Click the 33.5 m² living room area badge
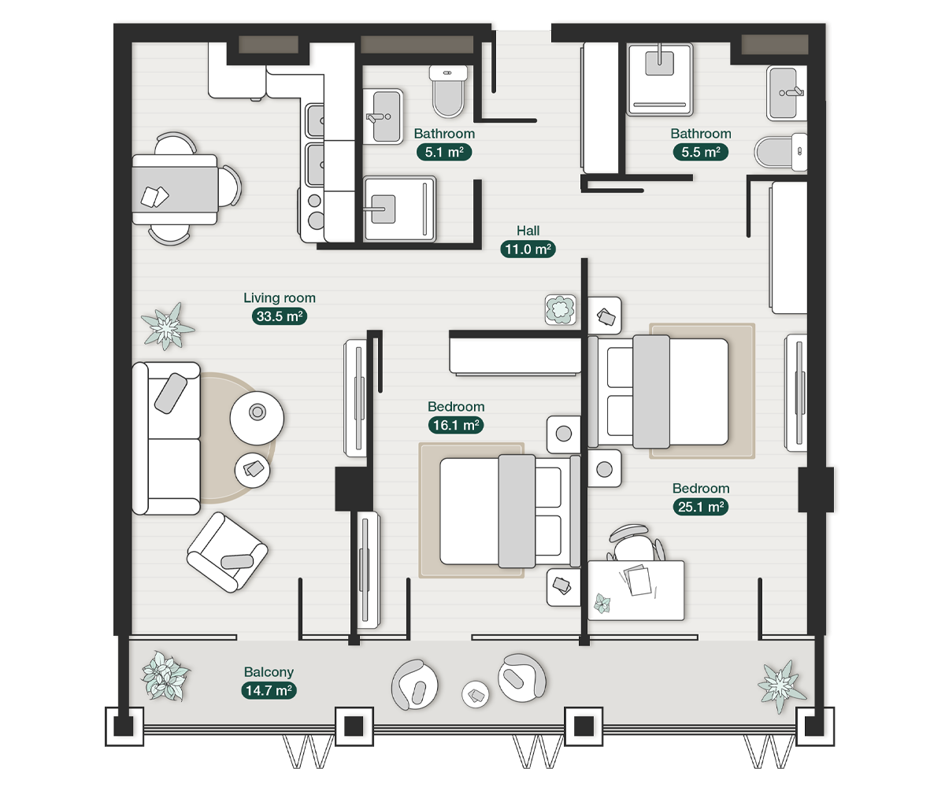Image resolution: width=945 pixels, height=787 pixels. click(279, 316)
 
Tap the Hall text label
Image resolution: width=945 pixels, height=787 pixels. click(528, 231)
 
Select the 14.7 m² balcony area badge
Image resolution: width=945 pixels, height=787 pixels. click(269, 691)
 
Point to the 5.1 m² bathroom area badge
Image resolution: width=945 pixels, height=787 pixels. click(444, 152)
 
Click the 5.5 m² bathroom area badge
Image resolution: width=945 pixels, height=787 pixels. click(701, 152)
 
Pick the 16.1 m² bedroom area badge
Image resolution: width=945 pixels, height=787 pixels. click(456, 425)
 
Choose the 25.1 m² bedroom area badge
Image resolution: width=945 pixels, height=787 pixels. click(701, 507)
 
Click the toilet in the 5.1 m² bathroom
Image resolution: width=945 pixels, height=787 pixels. click(450, 91)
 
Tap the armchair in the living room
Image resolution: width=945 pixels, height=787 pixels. click(227, 552)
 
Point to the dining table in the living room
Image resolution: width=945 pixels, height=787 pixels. click(175, 190)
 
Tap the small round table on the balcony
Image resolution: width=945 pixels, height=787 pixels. click(476, 693)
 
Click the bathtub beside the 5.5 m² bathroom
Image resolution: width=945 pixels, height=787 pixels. click(788, 246)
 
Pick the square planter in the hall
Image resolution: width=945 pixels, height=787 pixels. click(560, 309)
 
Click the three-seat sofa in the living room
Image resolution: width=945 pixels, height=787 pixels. click(165, 438)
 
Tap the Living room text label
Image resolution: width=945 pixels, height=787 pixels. click(279, 298)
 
